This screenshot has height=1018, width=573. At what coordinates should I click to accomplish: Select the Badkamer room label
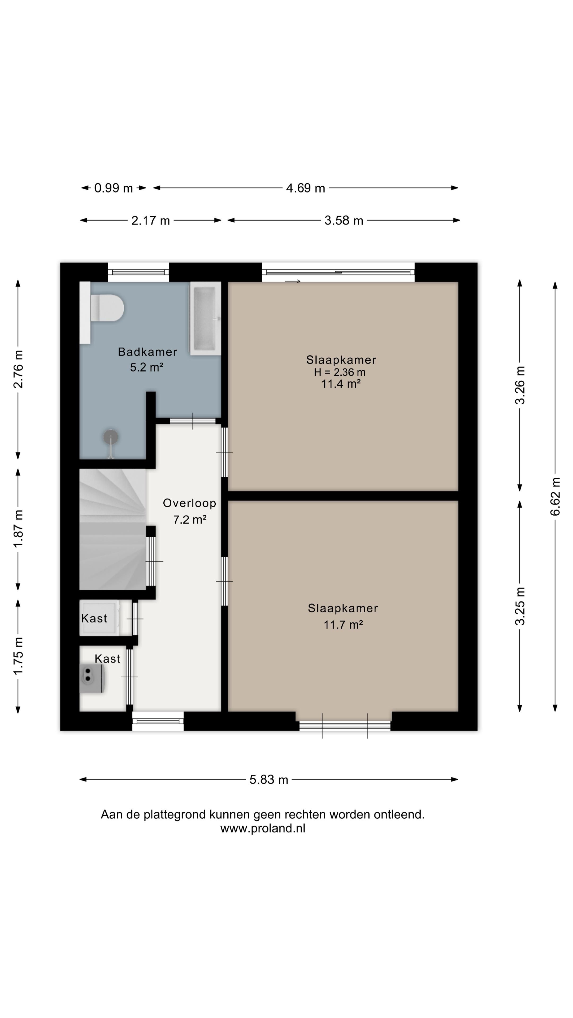point(147,352)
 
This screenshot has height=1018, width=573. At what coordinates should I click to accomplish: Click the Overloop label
point(189,503)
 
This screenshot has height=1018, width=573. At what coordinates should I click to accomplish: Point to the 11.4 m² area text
point(341,384)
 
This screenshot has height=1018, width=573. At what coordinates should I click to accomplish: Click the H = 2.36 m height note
point(340,372)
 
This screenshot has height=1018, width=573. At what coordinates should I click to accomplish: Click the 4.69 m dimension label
point(306,188)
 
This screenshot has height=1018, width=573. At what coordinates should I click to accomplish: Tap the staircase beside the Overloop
point(113,530)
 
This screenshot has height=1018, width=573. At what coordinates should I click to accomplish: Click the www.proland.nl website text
point(263,828)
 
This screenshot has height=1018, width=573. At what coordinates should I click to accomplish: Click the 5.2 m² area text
point(147,367)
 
